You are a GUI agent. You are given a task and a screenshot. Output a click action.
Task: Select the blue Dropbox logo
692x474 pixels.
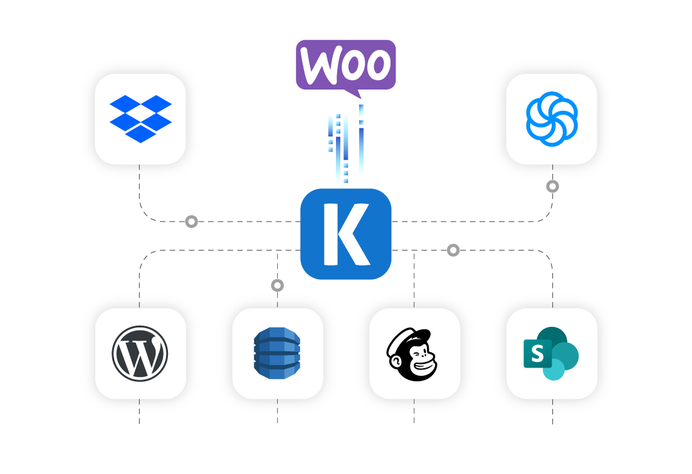[x=140, y=118]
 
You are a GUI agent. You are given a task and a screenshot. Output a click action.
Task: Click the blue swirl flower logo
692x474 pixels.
[x=552, y=119]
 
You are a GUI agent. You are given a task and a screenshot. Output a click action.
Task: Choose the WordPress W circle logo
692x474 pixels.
[x=140, y=353]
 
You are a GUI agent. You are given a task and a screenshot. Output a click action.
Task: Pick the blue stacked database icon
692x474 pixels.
[x=277, y=353]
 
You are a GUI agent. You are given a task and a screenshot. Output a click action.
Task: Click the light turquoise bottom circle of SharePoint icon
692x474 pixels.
[x=553, y=369]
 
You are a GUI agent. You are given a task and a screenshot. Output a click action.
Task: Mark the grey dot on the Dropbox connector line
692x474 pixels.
[x=192, y=222]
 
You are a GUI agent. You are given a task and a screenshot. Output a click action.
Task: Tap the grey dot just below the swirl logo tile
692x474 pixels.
[x=552, y=187]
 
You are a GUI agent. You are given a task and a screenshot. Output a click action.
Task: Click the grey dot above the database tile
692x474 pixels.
[x=278, y=286]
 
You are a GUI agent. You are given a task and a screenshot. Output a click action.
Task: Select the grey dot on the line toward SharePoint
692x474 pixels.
[x=453, y=250]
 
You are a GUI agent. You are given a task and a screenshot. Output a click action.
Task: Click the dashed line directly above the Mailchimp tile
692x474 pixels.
[x=414, y=282]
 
